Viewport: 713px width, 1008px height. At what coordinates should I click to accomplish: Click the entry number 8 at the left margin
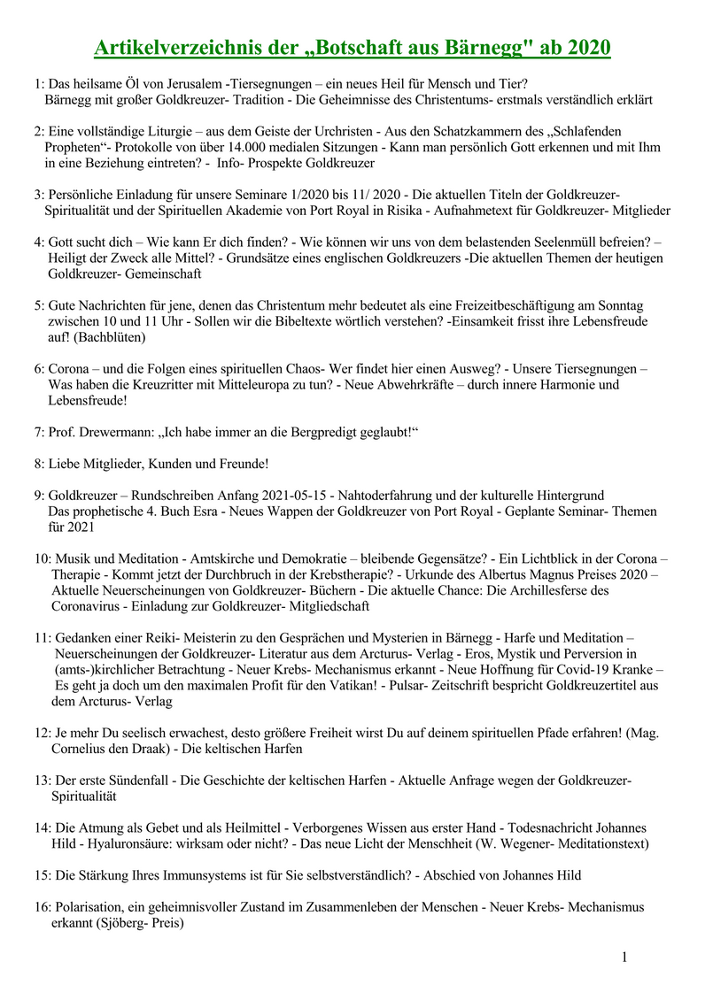pos(40,464)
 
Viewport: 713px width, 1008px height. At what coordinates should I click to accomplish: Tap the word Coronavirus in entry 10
pos(89,606)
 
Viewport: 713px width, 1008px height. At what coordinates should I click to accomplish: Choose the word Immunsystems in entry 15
pos(190,876)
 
